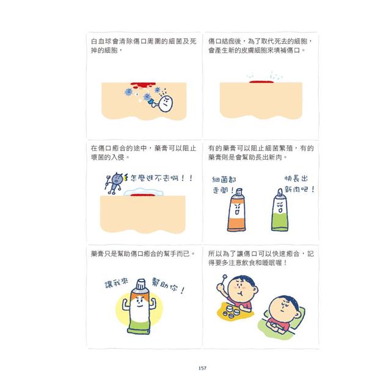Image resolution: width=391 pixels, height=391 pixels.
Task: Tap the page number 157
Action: tap(202, 367)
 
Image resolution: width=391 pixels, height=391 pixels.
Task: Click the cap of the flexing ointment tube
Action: tap(141, 284)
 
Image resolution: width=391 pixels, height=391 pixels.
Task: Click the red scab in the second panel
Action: tap(263, 79)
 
